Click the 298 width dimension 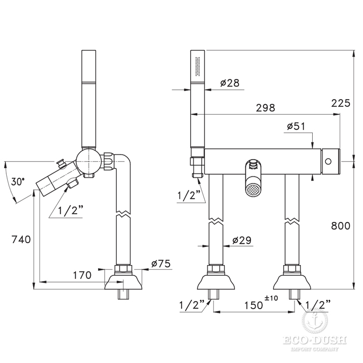coord(266,108)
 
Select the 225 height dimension coord(341,103)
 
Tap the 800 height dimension coord(341,226)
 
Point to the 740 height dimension coord(21,240)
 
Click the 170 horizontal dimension coord(82,275)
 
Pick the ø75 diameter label coord(161,263)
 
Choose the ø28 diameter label coord(230,83)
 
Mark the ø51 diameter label coord(296,127)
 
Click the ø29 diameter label coord(242,240)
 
